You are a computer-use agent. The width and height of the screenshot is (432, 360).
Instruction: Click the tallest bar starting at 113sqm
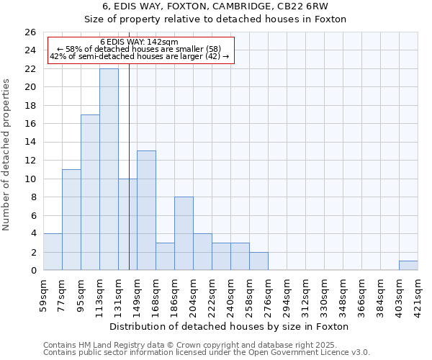click(109, 169)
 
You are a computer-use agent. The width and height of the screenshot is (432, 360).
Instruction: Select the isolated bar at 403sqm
click(408, 266)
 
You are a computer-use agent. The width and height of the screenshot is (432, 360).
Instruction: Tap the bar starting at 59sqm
click(53, 252)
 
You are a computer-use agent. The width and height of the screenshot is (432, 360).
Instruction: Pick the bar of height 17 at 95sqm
click(90, 192)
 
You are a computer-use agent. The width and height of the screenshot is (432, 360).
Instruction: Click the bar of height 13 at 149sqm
click(146, 210)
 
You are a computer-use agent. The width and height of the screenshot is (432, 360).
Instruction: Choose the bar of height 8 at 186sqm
click(184, 233)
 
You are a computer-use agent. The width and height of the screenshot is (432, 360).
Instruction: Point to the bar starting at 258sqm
click(258, 261)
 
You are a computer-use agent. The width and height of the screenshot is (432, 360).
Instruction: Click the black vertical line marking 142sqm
click(129, 180)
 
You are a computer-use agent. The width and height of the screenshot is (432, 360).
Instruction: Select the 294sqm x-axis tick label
click(287, 294)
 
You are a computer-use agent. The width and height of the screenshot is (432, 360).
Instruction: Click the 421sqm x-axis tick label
click(418, 294)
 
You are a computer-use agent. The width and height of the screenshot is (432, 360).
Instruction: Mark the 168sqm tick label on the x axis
click(156, 294)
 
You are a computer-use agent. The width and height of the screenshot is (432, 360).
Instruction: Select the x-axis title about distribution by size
click(230, 326)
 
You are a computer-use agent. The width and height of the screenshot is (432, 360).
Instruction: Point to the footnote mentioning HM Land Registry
click(206, 346)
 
